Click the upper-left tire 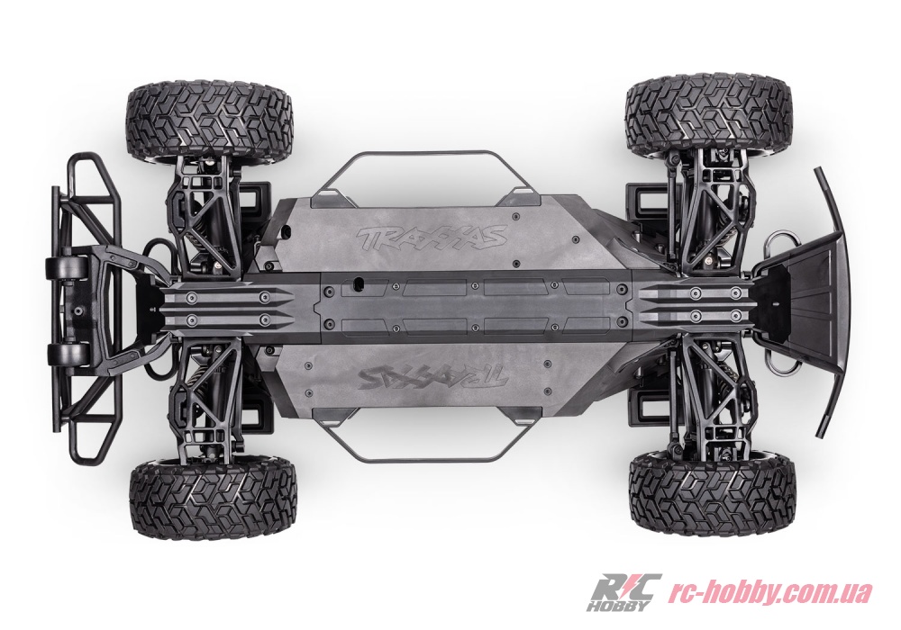210,119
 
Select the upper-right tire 707,116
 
